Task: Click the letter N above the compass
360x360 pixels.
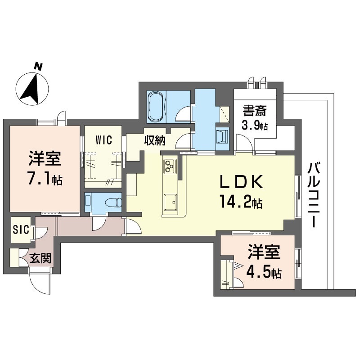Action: [x=38, y=66]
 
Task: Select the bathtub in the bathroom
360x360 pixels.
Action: [x=157, y=106]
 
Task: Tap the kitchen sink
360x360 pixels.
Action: [x=171, y=202]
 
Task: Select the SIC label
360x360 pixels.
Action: [x=21, y=229]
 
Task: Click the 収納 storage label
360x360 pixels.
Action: [x=155, y=140]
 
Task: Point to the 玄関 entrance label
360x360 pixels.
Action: [x=40, y=258]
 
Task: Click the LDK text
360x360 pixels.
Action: [x=241, y=182]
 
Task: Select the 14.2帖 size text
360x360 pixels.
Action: [x=241, y=201]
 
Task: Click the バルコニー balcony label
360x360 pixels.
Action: [x=314, y=195]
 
